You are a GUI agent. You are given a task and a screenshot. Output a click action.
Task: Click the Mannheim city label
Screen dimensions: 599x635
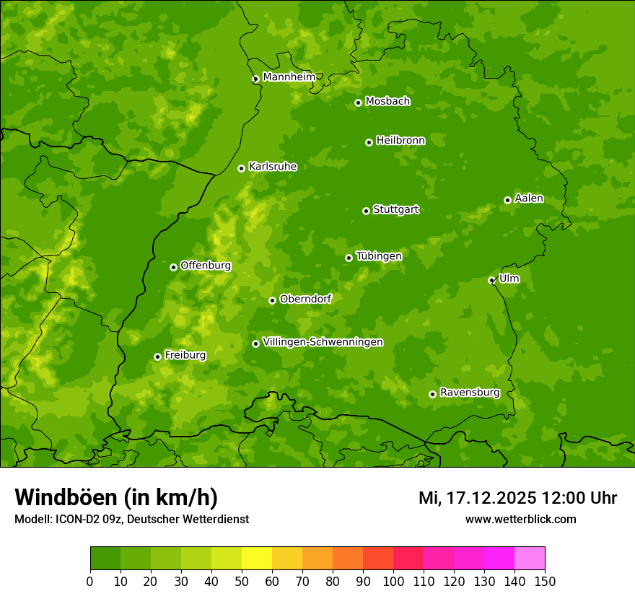pos(289,77)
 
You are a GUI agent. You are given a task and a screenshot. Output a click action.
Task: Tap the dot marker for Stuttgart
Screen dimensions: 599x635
pos(366,211)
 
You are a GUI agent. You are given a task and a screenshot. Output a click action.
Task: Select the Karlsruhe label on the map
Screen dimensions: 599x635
pos(272,167)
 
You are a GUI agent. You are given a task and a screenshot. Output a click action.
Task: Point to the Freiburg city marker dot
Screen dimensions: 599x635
pos(157,357)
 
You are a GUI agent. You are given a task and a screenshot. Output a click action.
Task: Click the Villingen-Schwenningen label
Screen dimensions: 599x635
pos(323,342)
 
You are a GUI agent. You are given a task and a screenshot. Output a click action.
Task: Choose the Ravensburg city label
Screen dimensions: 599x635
pos(469,393)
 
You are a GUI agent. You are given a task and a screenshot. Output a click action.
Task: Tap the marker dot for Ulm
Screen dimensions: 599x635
pos(491,280)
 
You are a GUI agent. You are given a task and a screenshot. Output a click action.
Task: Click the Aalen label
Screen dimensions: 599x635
pos(529,198)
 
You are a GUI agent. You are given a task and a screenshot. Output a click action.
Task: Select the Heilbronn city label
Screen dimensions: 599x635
pos(400,141)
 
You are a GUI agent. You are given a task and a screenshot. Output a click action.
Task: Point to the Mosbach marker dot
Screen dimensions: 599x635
pos(358,102)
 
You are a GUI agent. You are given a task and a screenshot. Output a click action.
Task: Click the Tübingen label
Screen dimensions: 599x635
pos(378,256)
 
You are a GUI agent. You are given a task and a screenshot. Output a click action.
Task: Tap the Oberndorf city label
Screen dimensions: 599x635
pos(305,299)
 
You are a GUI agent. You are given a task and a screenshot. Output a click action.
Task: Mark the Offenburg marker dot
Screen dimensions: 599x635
pos(173,267)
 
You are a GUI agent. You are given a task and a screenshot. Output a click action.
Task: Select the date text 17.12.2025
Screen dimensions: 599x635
pos(491,498)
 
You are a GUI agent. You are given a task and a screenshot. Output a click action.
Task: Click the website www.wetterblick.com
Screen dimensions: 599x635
pos(520,519)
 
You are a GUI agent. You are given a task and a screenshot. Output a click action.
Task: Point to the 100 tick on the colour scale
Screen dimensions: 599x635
pos(393,581)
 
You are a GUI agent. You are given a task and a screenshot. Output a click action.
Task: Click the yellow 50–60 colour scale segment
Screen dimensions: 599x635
pos(257,558)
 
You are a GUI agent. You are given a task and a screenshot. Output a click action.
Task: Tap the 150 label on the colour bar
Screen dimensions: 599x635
pos(544,581)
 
